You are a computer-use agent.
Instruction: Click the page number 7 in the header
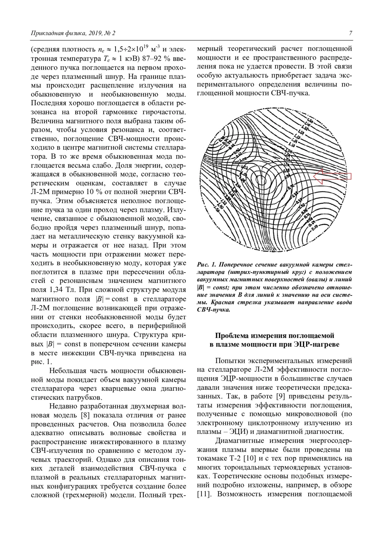tap(350, 33)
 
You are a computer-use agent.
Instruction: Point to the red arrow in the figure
tap(332, 177)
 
